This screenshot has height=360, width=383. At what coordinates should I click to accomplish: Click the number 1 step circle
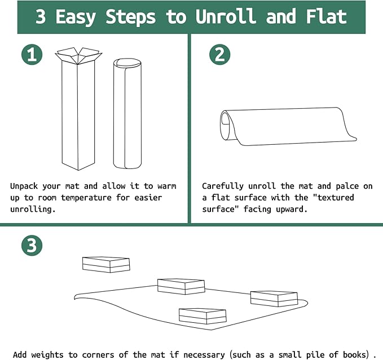tap(32, 55)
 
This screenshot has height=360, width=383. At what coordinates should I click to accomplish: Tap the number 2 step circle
tap(220, 55)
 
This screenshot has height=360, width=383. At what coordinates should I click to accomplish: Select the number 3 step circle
tap(32, 246)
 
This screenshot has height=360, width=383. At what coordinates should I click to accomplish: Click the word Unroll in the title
tap(226, 16)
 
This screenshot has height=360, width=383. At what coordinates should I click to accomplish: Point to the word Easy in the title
tap(76, 17)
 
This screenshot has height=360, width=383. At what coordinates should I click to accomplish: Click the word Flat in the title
tap(327, 16)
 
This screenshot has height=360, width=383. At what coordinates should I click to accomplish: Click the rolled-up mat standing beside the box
tap(127, 113)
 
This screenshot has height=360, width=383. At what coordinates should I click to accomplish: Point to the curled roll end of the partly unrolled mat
tap(226, 126)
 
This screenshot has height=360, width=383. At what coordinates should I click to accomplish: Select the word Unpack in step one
tap(24, 186)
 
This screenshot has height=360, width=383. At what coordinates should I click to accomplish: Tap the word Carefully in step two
tap(222, 186)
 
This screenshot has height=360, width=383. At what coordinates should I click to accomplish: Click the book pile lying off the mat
tap(106, 264)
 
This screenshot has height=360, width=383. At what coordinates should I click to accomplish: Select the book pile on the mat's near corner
tap(202, 317)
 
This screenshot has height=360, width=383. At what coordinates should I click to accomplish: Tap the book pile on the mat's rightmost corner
tap(274, 299)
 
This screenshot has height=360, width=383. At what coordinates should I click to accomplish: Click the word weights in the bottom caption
tap(48, 355)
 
